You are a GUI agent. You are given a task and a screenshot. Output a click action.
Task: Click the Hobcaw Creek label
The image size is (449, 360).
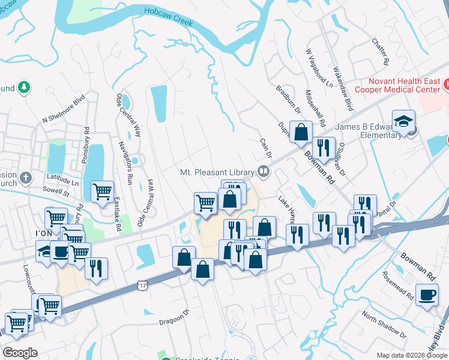[168, 17]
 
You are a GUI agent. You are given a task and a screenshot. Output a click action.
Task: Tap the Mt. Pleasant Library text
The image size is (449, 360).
[217, 172]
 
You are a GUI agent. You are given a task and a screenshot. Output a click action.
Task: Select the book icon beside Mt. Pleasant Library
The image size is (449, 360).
[264, 172]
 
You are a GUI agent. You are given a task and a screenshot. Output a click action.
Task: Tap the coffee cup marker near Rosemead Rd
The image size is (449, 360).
[427, 295]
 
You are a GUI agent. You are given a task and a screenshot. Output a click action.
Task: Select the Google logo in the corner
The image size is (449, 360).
[20, 353]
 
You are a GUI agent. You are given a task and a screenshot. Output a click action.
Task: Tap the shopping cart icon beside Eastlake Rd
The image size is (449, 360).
[102, 191]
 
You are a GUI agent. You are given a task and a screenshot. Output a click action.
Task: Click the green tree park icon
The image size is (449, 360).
[24, 88]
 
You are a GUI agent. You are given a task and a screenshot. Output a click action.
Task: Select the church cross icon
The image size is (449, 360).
[25, 178]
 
